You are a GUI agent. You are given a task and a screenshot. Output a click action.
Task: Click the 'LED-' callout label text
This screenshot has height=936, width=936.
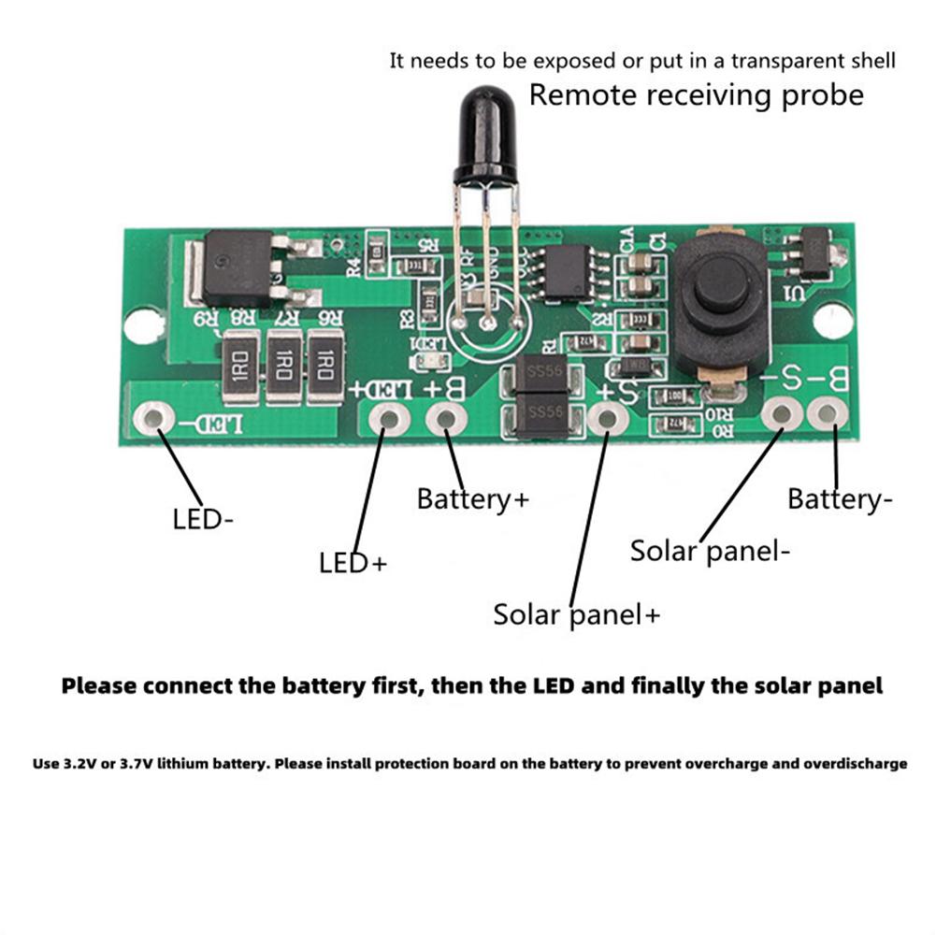click(x=202, y=519)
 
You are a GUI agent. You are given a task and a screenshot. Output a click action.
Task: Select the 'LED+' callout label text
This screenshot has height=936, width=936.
click(x=353, y=563)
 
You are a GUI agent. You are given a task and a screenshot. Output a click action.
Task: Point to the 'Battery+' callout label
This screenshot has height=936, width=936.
click(x=472, y=498)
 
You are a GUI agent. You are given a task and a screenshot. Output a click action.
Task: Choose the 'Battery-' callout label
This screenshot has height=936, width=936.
click(x=840, y=499)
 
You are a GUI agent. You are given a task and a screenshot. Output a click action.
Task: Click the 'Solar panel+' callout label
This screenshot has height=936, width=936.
click(x=576, y=615)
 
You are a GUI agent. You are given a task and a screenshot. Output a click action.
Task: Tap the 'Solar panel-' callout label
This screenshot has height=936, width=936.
click(x=710, y=550)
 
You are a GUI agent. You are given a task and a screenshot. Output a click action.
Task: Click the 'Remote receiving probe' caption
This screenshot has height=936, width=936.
click(x=697, y=94)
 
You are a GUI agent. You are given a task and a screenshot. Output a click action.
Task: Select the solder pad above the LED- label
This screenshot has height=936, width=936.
click(x=153, y=418)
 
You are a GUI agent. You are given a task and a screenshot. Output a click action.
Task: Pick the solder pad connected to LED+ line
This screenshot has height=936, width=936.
click(x=386, y=418)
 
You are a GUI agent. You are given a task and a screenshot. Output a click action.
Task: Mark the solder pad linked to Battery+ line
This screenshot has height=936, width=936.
click(x=446, y=418)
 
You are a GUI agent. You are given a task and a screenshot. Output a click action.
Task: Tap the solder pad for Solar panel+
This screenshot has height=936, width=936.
click(x=606, y=418)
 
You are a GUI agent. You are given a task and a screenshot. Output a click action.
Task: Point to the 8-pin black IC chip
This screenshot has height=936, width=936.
click(x=568, y=269)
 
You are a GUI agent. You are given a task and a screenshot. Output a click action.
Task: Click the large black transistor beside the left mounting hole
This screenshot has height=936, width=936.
click(x=238, y=268)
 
